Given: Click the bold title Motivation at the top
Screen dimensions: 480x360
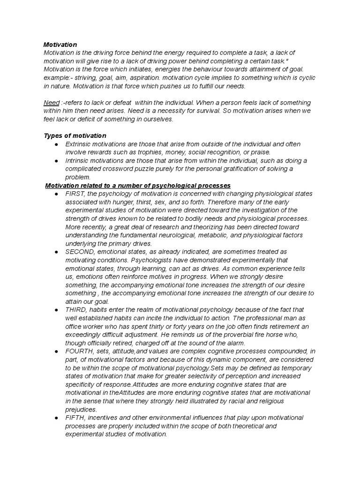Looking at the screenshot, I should tap(60, 45).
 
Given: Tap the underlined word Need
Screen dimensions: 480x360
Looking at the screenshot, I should tap(52, 102).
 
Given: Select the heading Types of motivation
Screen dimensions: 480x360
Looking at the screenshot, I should tap(75, 135).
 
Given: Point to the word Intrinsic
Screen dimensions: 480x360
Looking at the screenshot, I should tap(78, 161).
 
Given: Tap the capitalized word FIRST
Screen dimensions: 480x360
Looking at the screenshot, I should tap(76, 194).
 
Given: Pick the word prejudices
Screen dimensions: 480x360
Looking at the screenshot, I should tap(82, 409).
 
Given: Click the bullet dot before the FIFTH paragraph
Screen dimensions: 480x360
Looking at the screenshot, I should tap(56, 418).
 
